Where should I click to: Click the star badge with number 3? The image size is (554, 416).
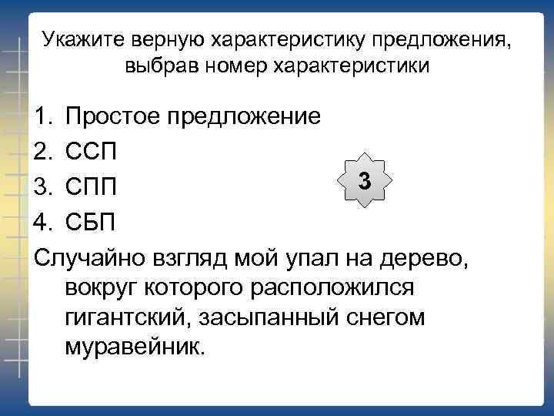[x=365, y=183]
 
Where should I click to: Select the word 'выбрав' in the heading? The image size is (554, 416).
[x=159, y=65]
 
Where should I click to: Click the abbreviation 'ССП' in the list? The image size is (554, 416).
[x=92, y=151]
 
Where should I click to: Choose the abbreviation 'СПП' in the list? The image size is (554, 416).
[x=92, y=187]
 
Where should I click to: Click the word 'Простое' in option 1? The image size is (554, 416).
[x=114, y=117]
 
